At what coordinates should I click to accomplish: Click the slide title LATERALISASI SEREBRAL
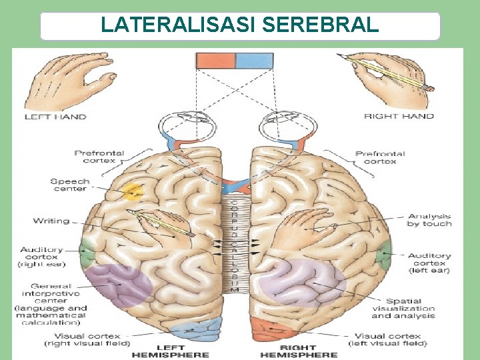coord(240,25)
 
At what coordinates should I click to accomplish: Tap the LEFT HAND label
coord(56,117)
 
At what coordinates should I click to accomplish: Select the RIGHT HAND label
coord(399,116)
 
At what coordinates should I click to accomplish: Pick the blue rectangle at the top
coord(254,61)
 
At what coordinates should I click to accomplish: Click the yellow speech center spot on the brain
coord(134,192)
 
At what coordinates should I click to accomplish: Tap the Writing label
coord(51,221)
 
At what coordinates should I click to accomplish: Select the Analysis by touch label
coord(429,220)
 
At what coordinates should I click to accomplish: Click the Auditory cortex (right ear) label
coord(41,257)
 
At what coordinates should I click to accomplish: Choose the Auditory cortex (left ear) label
coord(429,263)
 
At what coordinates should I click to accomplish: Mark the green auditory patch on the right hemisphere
coord(383,254)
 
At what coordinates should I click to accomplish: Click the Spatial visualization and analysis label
coord(403,308)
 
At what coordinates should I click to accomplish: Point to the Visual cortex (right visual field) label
coord(83,340)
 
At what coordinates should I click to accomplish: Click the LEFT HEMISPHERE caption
coord(170,351)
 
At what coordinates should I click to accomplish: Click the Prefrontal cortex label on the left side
coord(99,157)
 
